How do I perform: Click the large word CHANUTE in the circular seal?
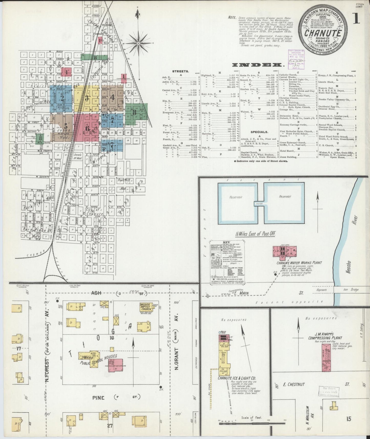coord(323,33)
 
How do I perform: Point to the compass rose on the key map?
coord(138,44)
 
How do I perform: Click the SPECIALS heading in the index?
coord(259,132)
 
